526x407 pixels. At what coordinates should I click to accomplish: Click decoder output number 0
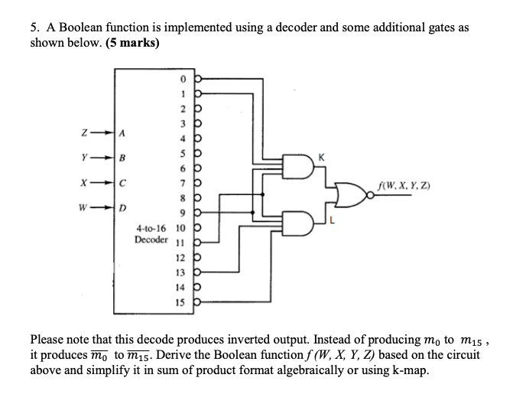coord(182,78)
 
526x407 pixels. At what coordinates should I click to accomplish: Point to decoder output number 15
coord(180,303)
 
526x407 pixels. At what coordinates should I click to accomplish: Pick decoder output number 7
coord(182,183)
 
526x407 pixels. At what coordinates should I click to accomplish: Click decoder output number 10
coord(180,228)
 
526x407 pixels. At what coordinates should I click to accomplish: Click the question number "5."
coord(35,28)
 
